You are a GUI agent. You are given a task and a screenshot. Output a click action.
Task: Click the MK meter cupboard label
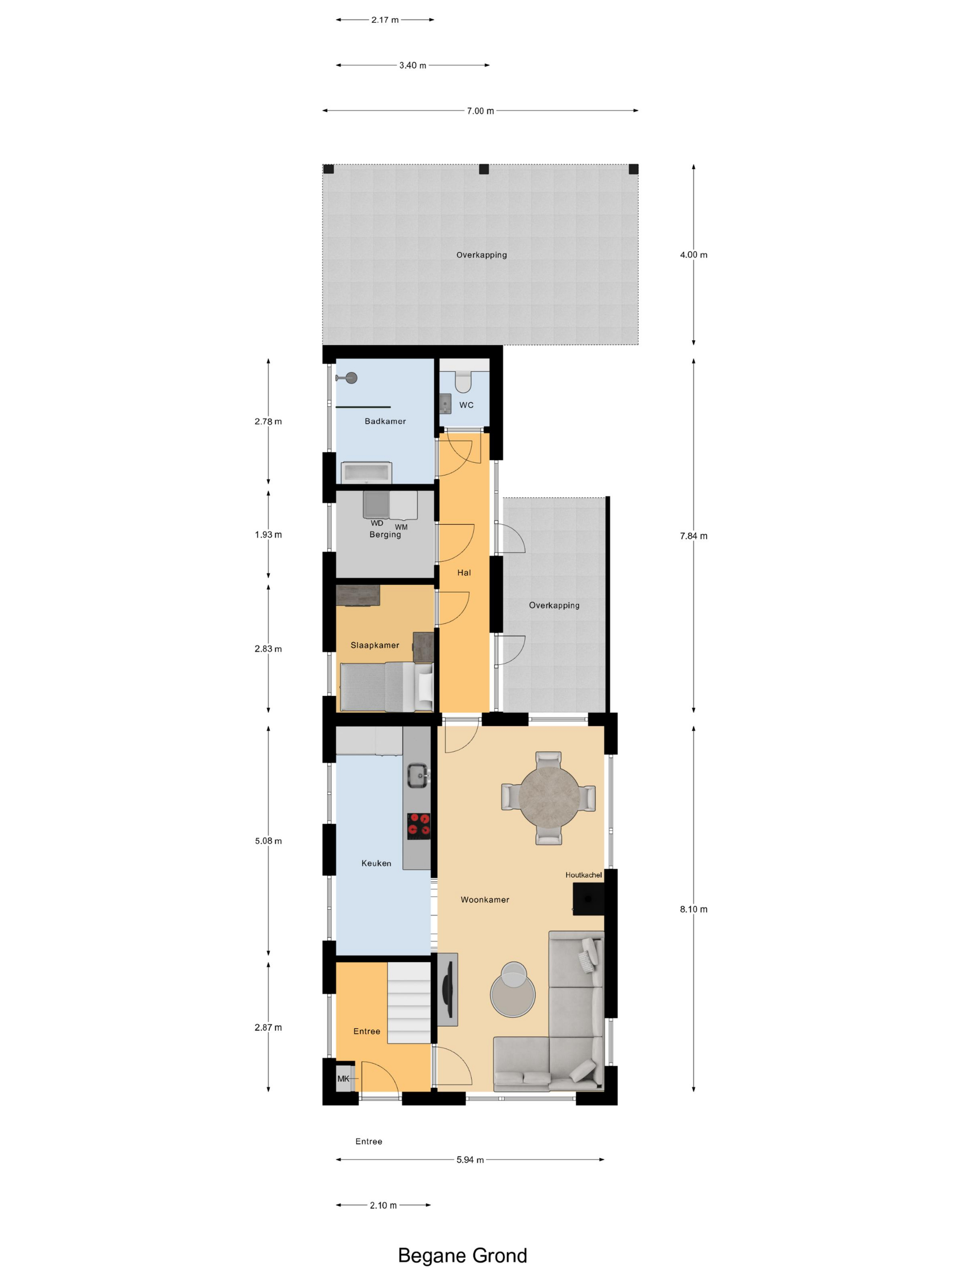(343, 1078)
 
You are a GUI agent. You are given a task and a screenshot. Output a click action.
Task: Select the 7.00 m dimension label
(480, 111)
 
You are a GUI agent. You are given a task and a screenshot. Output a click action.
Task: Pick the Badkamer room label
(385, 421)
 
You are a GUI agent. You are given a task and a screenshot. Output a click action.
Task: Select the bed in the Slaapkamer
(386, 687)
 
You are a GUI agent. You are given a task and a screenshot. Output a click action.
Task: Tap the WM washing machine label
(401, 527)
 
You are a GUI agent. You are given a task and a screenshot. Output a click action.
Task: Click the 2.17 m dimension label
(385, 20)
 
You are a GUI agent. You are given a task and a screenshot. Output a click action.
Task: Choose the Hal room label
(464, 572)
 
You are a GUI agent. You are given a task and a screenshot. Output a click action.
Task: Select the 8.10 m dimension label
(694, 909)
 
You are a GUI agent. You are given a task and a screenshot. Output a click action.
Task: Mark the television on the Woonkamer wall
(447, 989)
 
